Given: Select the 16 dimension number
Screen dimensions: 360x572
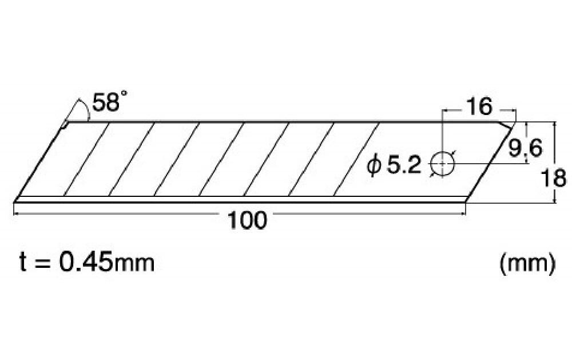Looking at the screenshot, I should tap(479, 106).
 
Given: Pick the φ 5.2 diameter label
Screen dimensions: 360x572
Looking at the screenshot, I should tap(394, 166).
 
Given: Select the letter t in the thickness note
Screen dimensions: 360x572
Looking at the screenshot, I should tap(23, 264).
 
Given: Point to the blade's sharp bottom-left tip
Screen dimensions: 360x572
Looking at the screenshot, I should tap(13, 201).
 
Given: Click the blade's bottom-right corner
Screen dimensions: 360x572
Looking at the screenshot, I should tap(466, 202).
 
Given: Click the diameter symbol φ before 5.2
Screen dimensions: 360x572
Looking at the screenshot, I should tap(374, 166).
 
